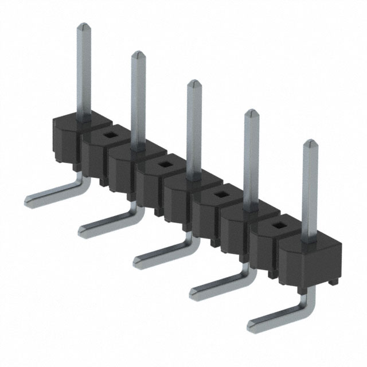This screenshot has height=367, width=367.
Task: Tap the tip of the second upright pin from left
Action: (x=137, y=54)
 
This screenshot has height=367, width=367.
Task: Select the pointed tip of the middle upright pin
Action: (x=194, y=83)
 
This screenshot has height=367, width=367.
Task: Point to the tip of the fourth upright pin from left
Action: (x=251, y=112)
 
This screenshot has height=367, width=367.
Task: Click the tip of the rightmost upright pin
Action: (x=310, y=142)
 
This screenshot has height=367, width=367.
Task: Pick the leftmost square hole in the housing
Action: (x=108, y=135)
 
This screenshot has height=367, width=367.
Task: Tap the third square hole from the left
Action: (x=220, y=196)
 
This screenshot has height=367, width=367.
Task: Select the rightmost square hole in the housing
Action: (x=279, y=225)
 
